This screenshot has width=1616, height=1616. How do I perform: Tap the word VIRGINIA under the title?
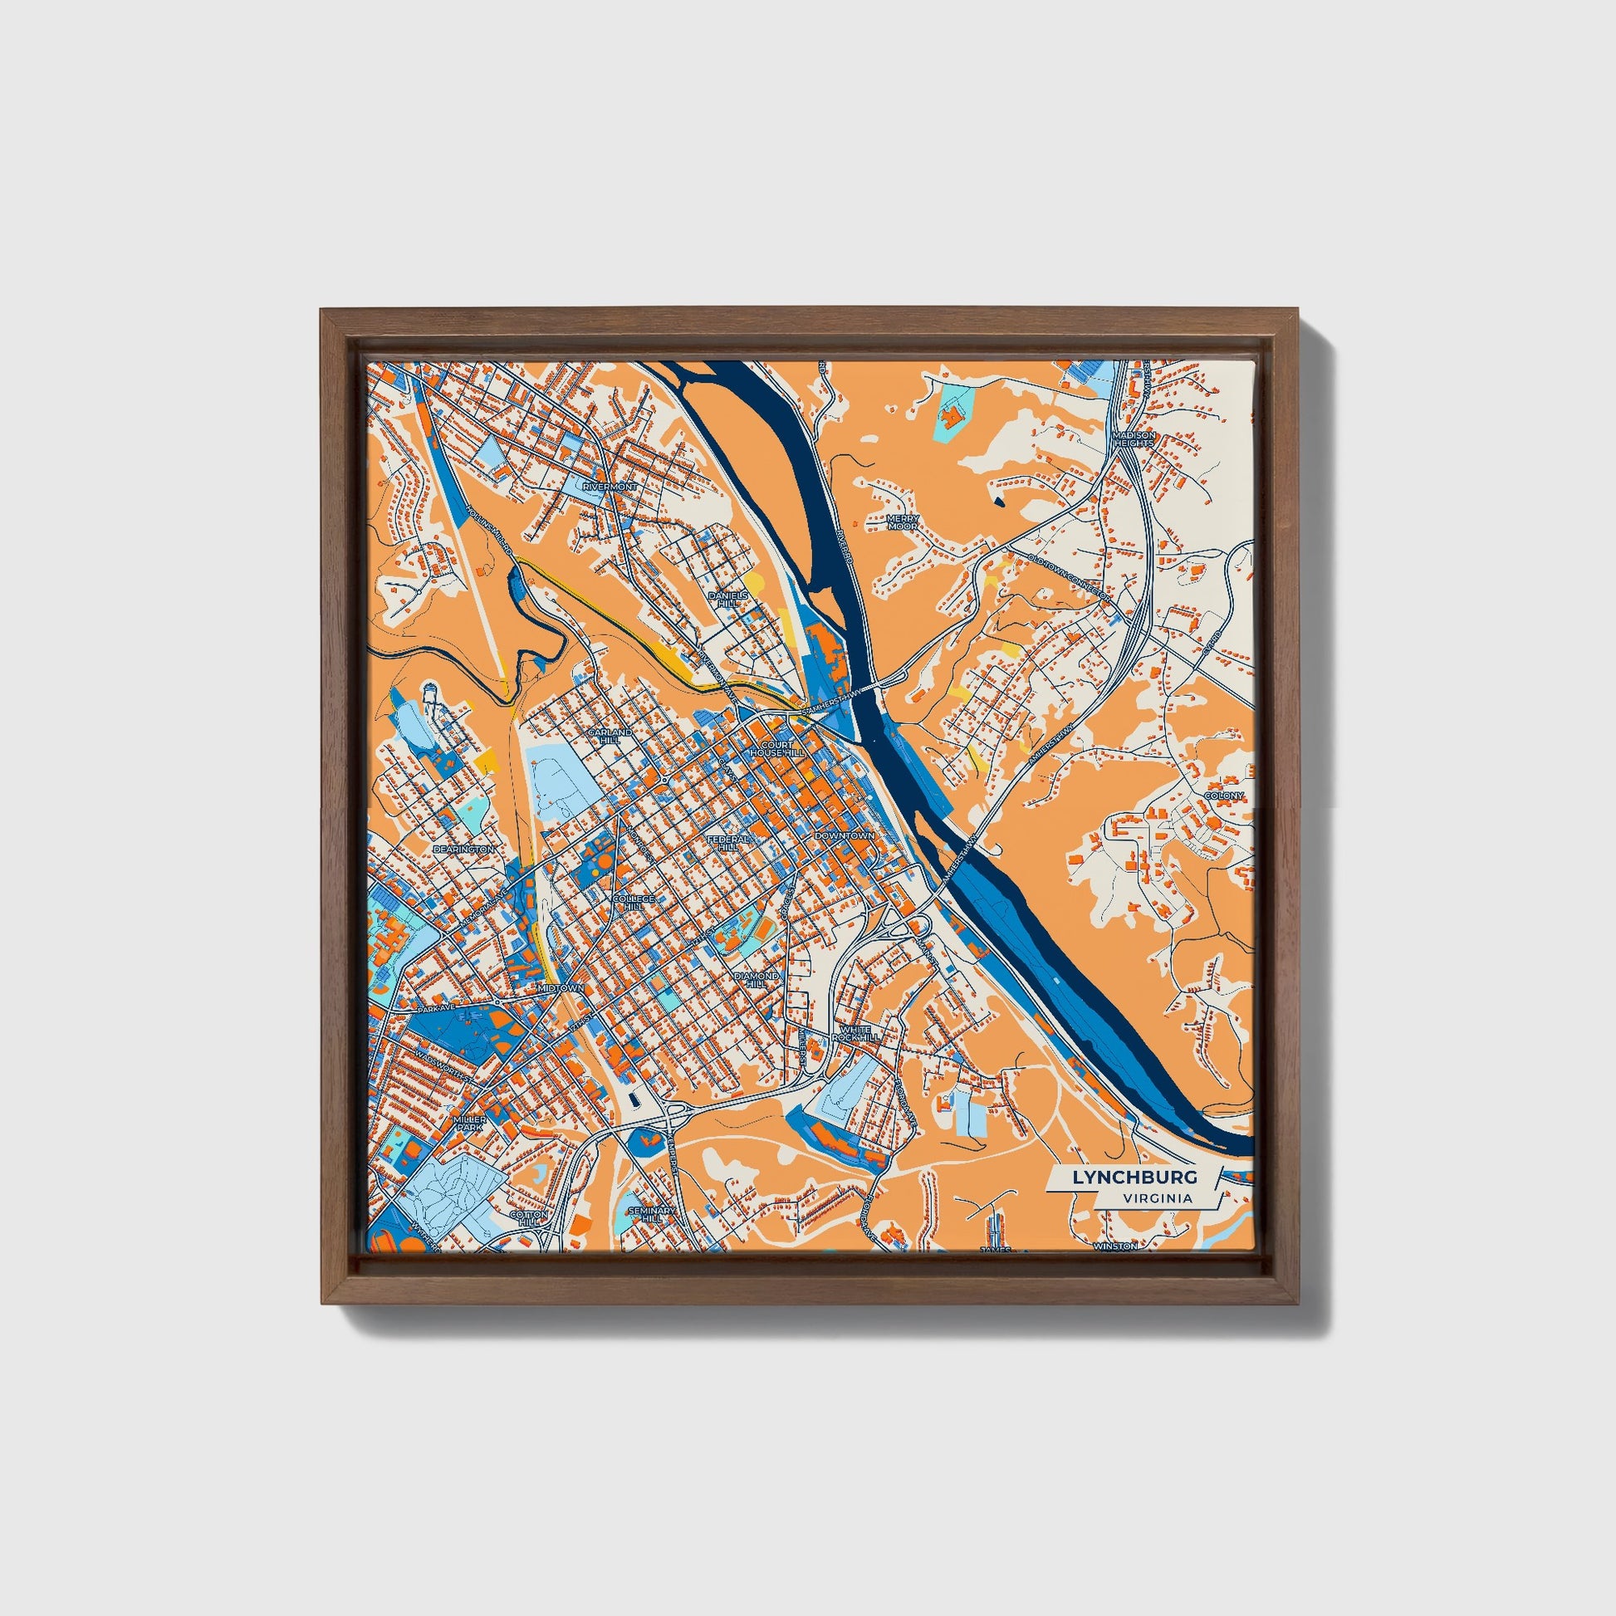[1158, 1197]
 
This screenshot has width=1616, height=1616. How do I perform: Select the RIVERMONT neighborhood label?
[610, 486]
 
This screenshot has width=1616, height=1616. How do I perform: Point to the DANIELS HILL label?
[724, 598]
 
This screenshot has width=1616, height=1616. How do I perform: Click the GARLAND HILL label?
[610, 735]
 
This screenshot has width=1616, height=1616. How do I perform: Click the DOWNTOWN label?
[844, 835]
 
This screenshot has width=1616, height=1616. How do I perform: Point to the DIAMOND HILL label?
[757, 979]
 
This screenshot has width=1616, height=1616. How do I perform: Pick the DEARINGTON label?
[463, 849]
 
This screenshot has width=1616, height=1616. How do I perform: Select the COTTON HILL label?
[529, 1218]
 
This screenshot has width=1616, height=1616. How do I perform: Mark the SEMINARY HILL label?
[645, 1215]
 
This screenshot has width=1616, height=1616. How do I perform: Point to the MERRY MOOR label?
[903, 523]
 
